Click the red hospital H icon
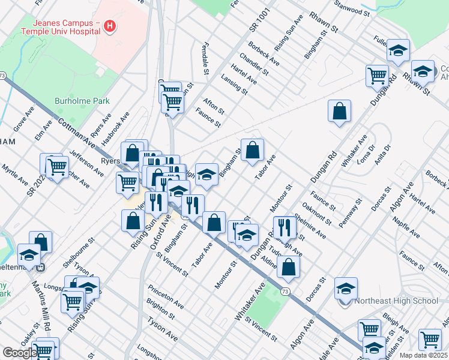pos(109,26)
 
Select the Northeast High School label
pos(396,301)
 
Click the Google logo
pos(19,353)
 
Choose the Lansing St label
pos(234,85)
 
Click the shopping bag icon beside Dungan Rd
pos(339,111)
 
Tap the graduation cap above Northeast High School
pos(346,289)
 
